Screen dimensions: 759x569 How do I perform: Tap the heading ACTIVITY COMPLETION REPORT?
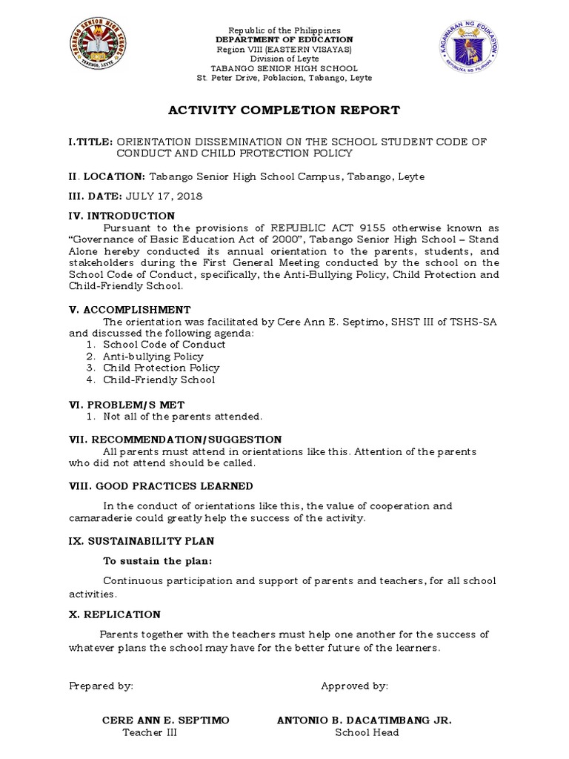coord(284,110)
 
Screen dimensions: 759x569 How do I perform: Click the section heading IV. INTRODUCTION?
coord(122,216)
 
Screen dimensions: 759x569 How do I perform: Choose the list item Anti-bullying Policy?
coord(153,357)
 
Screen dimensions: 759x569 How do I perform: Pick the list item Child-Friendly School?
coord(159,379)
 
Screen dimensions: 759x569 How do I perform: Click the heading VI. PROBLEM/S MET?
coord(126,405)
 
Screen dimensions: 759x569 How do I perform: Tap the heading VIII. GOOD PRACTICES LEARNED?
coord(161,486)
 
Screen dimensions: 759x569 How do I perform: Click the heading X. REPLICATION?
coord(115,614)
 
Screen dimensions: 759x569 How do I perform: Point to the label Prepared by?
coord(101,686)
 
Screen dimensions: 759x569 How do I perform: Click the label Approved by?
coord(354,686)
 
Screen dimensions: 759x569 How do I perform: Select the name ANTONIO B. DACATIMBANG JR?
coord(364,720)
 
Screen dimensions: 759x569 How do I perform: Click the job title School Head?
coord(367,732)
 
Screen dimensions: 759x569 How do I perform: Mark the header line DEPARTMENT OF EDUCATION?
coord(284,39)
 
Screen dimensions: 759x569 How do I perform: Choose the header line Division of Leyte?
coord(284,59)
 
